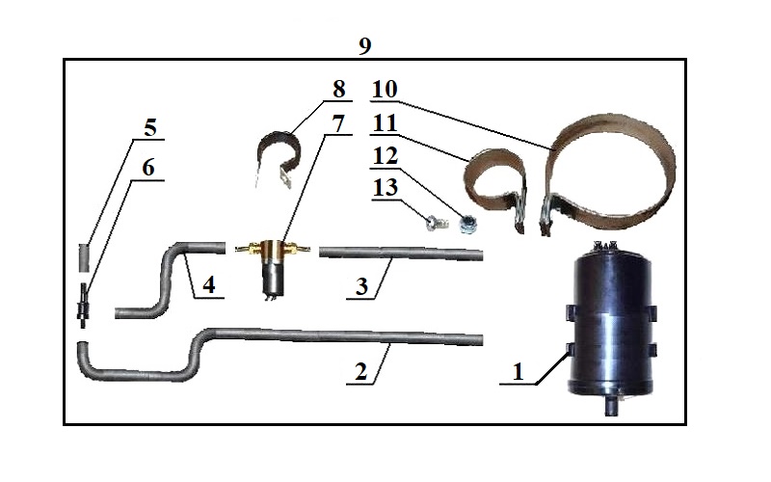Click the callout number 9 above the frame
point(363,46)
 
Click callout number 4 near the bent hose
point(209,285)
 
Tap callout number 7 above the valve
point(338,125)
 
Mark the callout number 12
point(385,155)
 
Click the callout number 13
point(385,186)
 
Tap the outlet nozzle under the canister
point(610,410)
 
